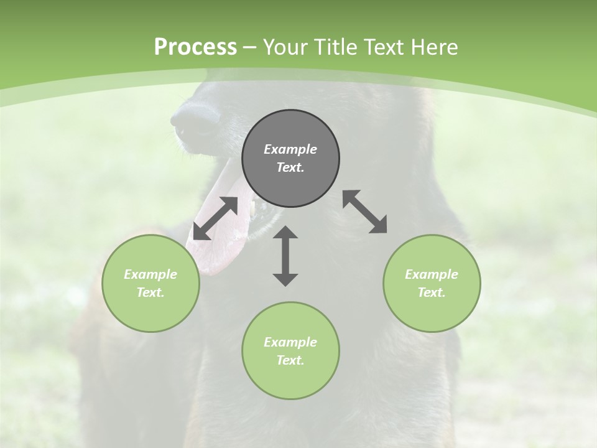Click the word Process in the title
(195, 47)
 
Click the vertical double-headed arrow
(285, 256)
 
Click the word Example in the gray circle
(290, 149)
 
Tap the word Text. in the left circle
(150, 292)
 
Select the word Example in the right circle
(432, 274)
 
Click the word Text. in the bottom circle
(290, 360)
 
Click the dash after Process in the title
(250, 48)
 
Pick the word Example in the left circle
(150, 274)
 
